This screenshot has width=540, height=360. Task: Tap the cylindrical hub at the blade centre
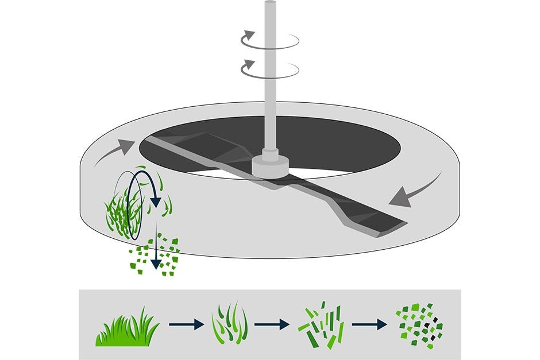(x=269, y=165)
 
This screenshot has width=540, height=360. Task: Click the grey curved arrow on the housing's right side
(x=415, y=190)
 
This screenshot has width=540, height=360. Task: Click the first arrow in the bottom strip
(x=186, y=324)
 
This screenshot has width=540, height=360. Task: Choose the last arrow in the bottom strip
(x=369, y=324)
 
